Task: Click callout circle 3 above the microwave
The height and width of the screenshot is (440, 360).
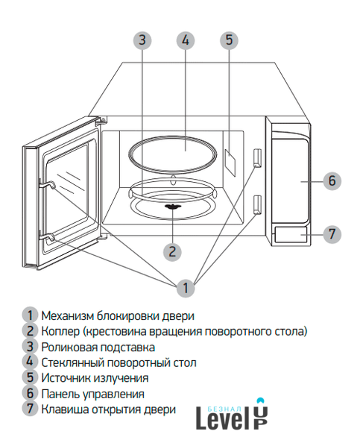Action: pos(142,40)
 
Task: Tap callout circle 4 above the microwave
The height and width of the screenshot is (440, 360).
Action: pos(186,40)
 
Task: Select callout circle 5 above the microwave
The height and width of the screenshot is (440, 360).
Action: pos(229,40)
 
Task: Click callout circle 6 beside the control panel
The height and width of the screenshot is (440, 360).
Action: pos(332,180)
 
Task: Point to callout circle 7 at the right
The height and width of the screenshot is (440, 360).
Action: pos(332,233)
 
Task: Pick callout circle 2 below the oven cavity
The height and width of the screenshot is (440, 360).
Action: pos(172,252)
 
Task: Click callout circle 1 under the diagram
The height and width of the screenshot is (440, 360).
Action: pos(186,288)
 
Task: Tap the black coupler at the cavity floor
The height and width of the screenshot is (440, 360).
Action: pos(172,207)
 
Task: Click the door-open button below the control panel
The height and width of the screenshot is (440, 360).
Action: pos(291,234)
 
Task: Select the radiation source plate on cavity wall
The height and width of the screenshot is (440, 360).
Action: pos(230,163)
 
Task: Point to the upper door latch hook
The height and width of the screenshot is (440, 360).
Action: pos(47,185)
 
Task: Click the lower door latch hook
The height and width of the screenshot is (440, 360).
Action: pos(47,237)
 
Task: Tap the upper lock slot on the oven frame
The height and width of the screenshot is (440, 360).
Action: pos(258,157)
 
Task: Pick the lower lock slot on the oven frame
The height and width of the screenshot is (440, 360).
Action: pos(258,205)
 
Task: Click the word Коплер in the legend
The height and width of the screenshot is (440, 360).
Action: pos(60,332)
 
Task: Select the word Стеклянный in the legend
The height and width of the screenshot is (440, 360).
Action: pos(73,363)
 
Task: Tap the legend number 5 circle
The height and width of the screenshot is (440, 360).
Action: pos(30,377)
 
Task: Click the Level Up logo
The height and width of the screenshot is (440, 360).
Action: pos(232,415)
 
